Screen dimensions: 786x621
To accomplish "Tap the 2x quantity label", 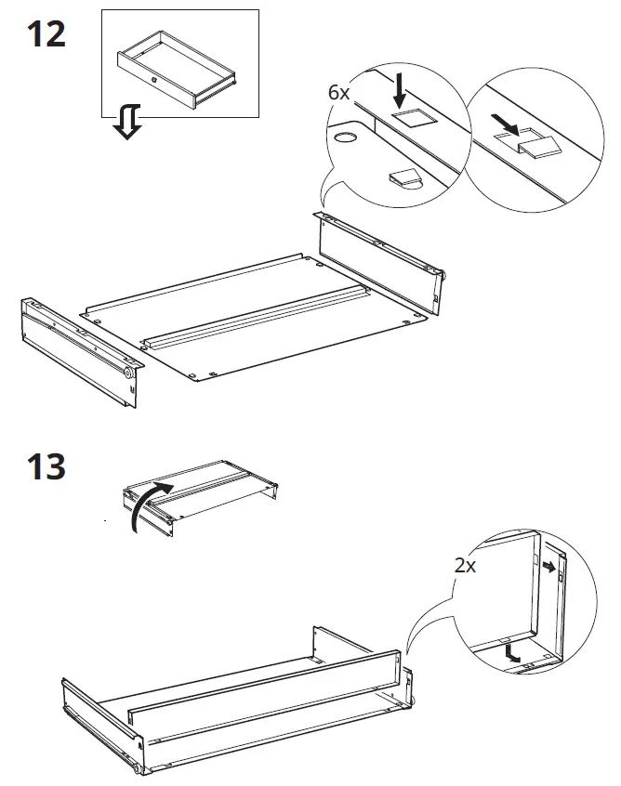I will (x=465, y=565).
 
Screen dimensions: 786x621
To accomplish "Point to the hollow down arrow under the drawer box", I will (x=127, y=122).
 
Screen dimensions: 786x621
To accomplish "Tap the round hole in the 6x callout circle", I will (x=346, y=139).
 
